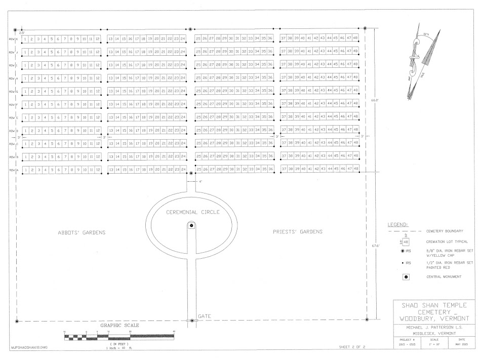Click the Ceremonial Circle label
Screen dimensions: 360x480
pos(193,212)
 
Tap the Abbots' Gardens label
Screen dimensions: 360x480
pos(81,232)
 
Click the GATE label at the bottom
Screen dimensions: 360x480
pos(204,316)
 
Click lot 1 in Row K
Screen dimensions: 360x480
pos(25,39)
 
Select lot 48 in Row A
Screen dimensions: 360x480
pos(355,169)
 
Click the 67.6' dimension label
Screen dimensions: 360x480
pos(376,247)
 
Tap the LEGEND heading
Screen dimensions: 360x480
pos(398,223)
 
